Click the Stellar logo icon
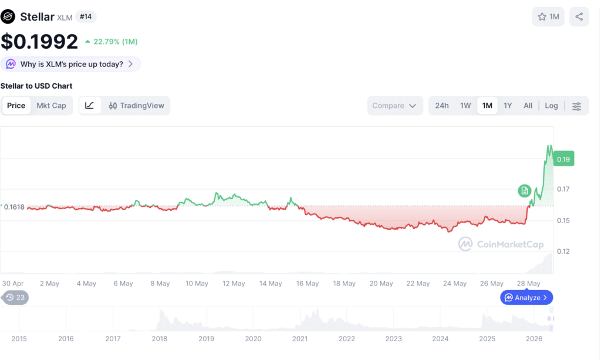(8, 16)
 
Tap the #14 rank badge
(86, 16)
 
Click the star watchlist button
(548, 16)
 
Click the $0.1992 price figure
(39, 42)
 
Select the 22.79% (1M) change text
(112, 42)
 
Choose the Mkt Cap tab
(52, 106)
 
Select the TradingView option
(136, 106)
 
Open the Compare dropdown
(395, 106)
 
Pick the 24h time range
(441, 106)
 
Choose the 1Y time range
(508, 106)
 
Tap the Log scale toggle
(551, 106)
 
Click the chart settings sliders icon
(576, 106)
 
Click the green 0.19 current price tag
(563, 159)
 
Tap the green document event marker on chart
(524, 190)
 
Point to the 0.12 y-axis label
(563, 251)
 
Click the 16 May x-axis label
(308, 283)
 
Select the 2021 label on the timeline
(300, 338)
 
